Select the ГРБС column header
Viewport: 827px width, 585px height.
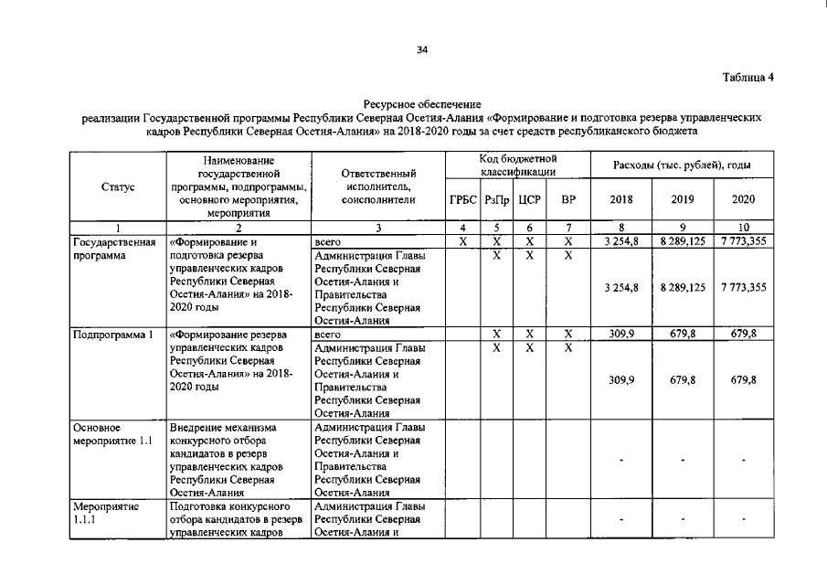pos(462,198)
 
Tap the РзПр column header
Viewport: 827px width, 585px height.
pos(496,198)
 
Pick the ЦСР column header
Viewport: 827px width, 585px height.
pos(529,198)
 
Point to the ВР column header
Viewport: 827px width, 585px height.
pos(568,198)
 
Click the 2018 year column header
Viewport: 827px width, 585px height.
pos(620,198)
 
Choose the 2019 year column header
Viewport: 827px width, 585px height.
pos(682,198)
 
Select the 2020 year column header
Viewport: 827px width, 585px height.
pos(743,198)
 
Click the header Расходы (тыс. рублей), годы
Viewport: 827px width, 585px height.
pos(682,165)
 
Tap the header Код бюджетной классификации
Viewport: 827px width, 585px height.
pos(517,165)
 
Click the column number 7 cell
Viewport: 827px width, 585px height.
pos(568,228)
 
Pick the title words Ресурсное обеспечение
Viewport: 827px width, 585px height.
pos(421,106)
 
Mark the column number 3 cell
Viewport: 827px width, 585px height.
pos(377,228)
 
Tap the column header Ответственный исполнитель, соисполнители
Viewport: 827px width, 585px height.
pos(377,186)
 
